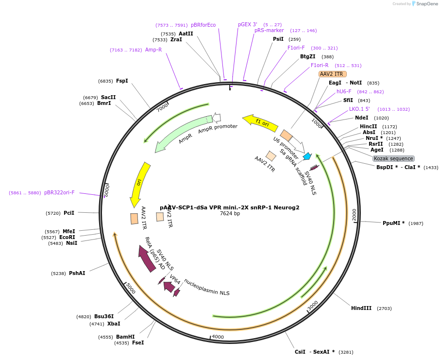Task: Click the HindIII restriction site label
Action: point(361,308)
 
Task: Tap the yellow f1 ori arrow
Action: point(261,123)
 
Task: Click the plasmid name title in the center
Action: point(229,207)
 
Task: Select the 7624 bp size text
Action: point(230,214)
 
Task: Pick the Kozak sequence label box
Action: point(393,158)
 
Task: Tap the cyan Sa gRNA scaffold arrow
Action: point(307,156)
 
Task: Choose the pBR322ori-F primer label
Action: point(59,192)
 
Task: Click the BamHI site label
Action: point(125,337)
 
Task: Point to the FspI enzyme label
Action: point(122,81)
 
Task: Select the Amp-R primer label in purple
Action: point(153,50)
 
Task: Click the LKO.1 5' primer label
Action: point(359,109)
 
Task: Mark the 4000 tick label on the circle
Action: point(218,337)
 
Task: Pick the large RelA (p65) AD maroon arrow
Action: point(147,257)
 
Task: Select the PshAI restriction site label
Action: point(77,273)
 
